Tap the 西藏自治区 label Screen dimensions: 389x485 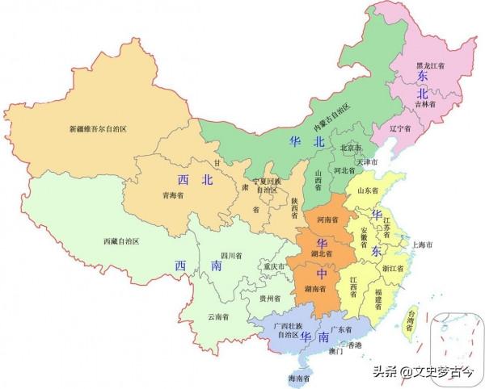coord(121,241)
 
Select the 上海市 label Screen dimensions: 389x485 coord(423,244)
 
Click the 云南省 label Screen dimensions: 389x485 coord(217,317)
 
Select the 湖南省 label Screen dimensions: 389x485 coord(314,289)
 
